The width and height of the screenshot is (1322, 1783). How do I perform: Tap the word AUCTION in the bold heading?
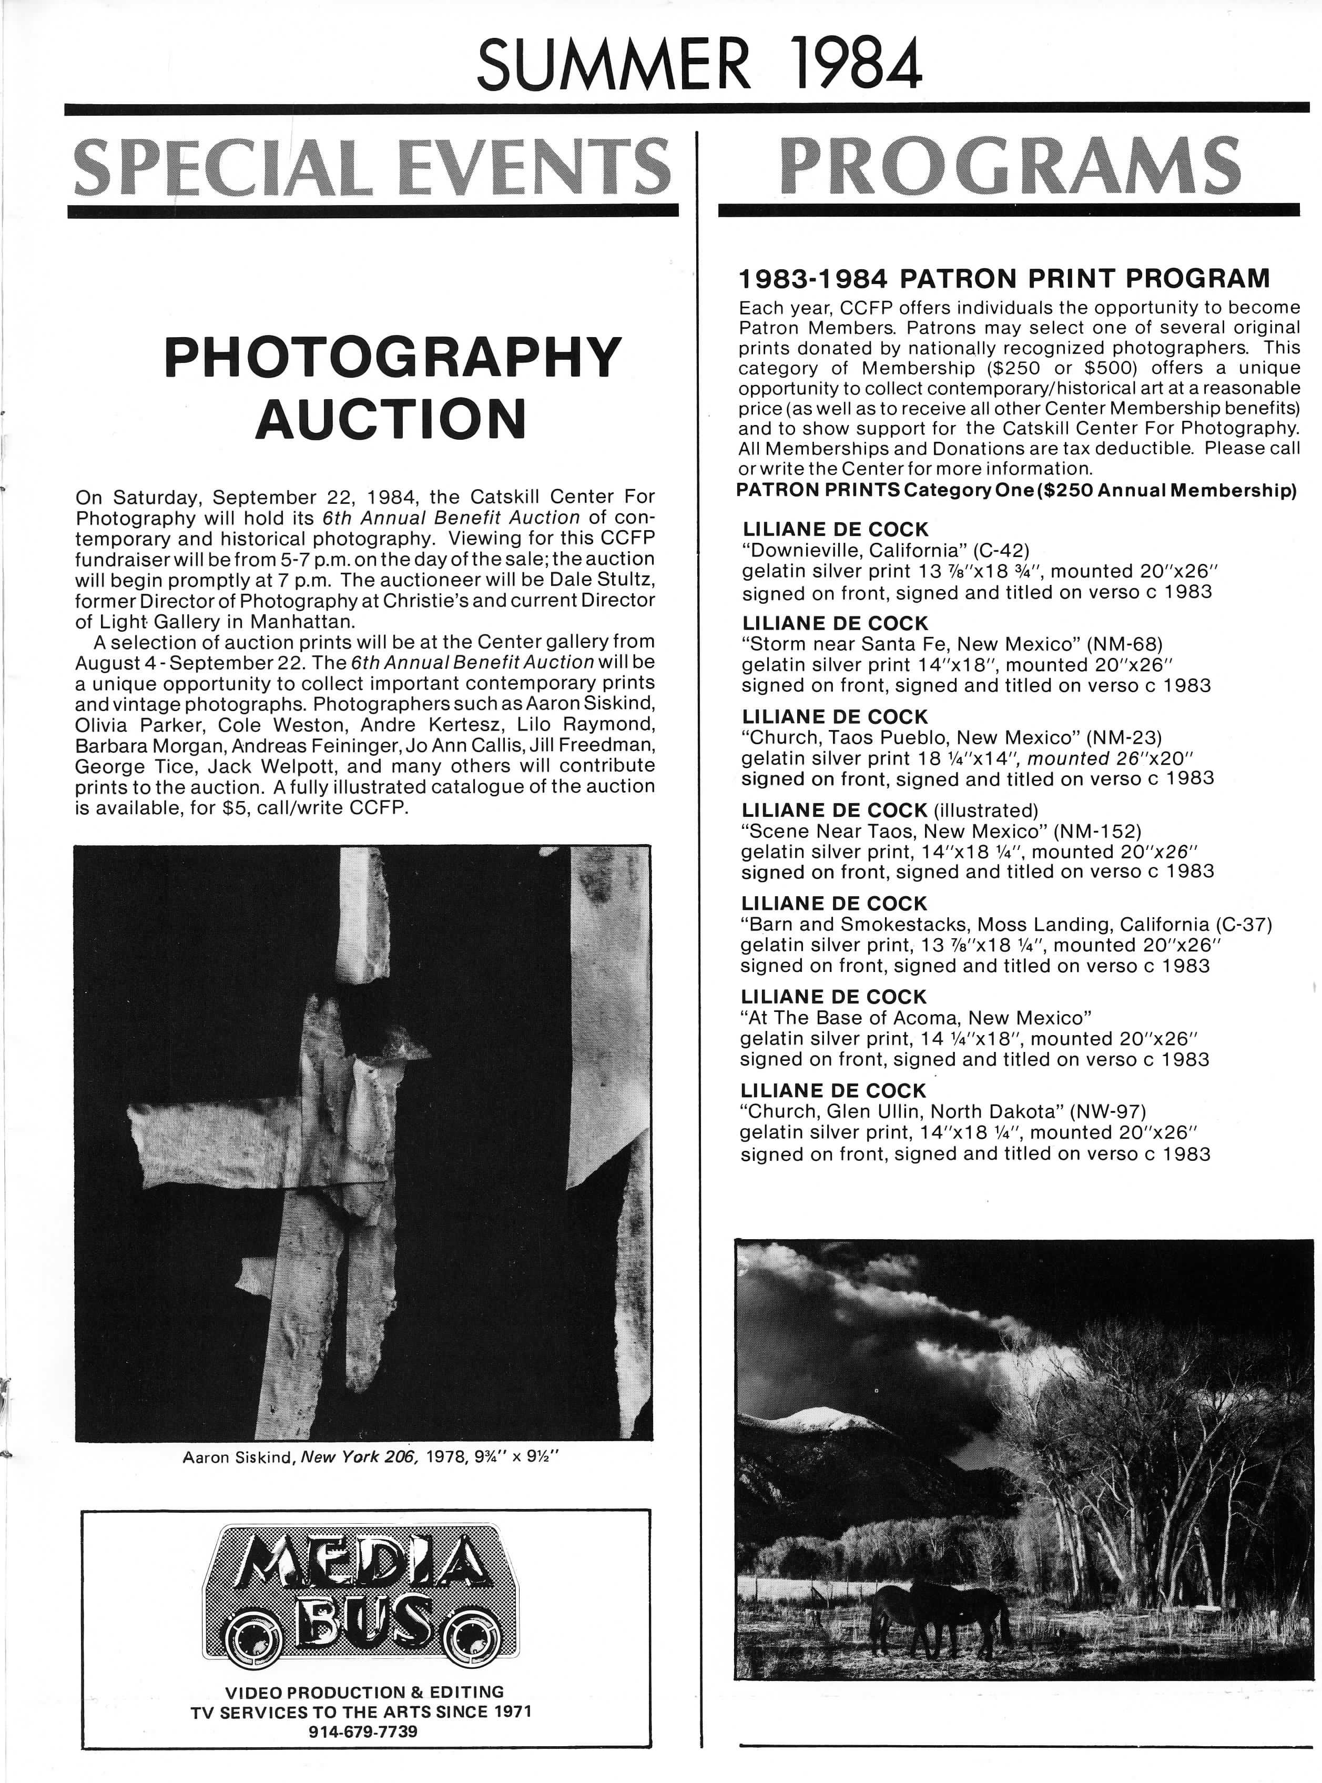point(391,419)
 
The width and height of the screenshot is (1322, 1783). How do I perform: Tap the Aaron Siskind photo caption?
point(370,1457)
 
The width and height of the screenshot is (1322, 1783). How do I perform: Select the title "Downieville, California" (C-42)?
point(885,551)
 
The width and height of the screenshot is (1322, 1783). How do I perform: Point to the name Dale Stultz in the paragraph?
point(608,580)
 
